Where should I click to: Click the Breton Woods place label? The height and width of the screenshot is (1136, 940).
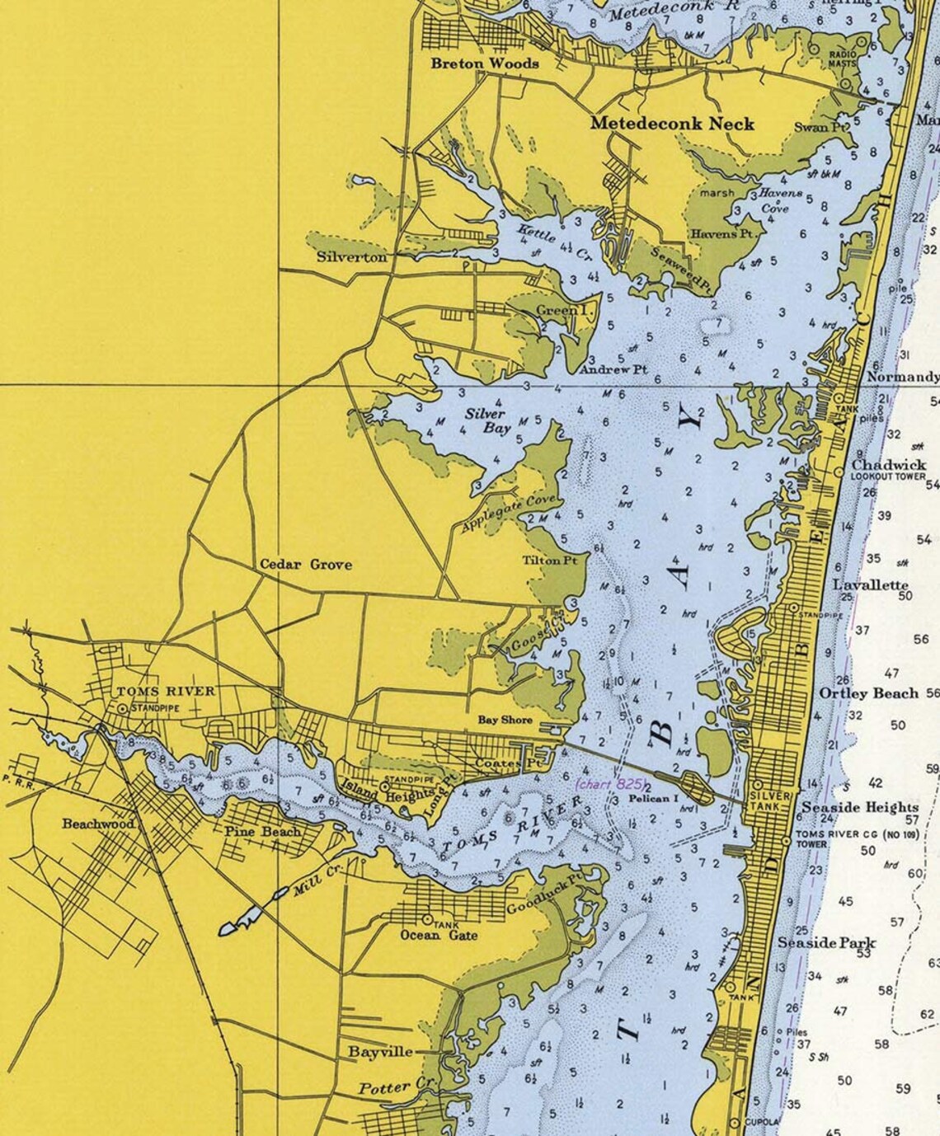[485, 63]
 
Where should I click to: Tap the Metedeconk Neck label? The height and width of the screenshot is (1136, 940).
[672, 124]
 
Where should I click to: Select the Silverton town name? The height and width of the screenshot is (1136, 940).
[351, 257]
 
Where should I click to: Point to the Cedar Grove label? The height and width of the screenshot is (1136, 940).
[306, 565]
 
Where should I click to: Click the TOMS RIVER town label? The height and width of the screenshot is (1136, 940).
[166, 692]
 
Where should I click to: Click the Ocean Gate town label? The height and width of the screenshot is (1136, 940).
[439, 936]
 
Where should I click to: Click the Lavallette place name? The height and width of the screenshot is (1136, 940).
[870, 584]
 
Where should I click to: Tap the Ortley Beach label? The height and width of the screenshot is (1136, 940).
[868, 693]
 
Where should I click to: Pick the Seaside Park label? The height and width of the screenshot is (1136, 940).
[827, 942]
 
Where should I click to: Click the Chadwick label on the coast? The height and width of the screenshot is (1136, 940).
[889, 465]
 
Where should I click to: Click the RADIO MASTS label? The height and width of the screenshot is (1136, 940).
[843, 59]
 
